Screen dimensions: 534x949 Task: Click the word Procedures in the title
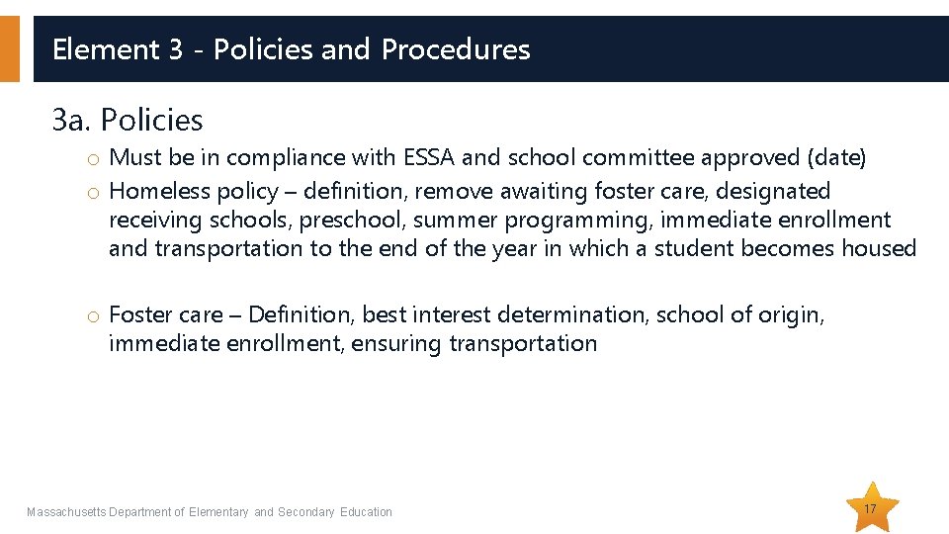[x=456, y=49]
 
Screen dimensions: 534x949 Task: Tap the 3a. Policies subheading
[x=128, y=121]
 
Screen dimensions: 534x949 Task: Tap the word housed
[x=879, y=248]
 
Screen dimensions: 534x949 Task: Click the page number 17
[x=871, y=508]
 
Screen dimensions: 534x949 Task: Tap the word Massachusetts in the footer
[x=66, y=512]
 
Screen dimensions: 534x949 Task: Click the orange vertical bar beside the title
[x=9, y=48]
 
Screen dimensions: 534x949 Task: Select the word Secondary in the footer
[x=307, y=512]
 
